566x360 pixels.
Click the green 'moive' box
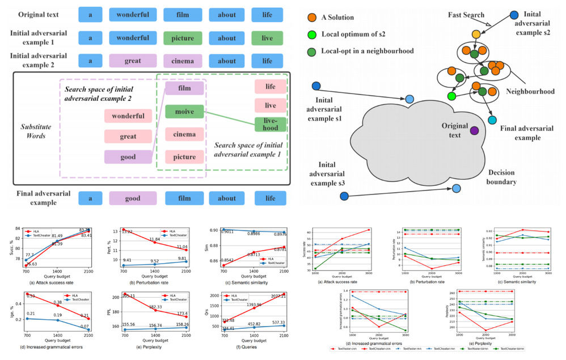coord(184,112)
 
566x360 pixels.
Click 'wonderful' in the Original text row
coord(133,15)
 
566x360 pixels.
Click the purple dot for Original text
coord(474,131)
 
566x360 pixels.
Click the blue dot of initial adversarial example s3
coord(344,196)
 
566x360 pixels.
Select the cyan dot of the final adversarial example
coord(492,120)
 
